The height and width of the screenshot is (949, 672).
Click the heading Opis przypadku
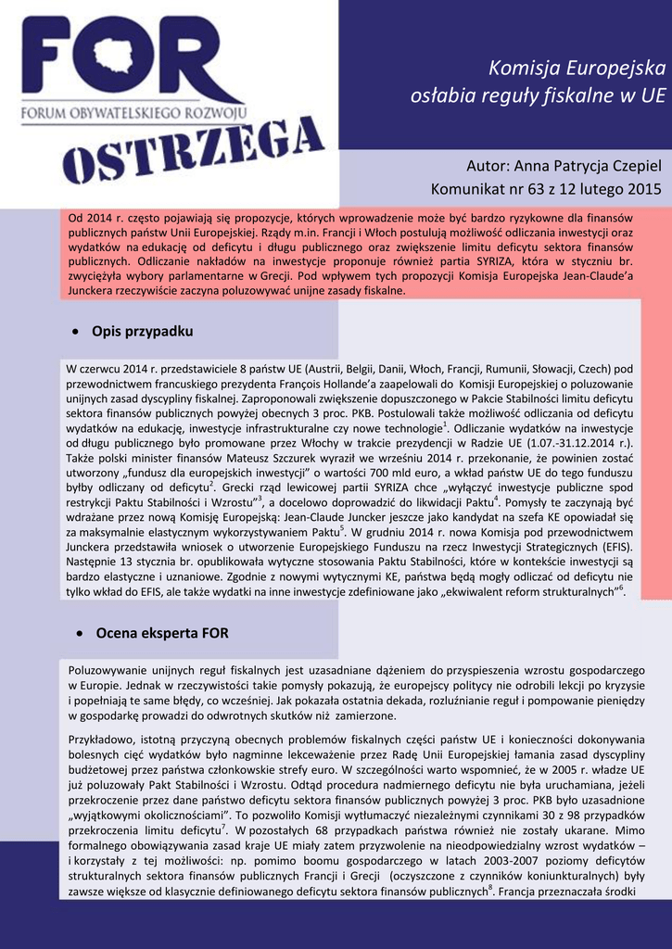[x=142, y=331]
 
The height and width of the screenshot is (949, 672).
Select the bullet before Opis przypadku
[x=75, y=332]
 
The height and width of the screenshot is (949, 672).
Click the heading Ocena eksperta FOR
[x=159, y=633]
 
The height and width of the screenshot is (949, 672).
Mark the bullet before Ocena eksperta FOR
[x=75, y=634]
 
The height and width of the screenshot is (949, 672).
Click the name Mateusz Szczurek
[x=243, y=457]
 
